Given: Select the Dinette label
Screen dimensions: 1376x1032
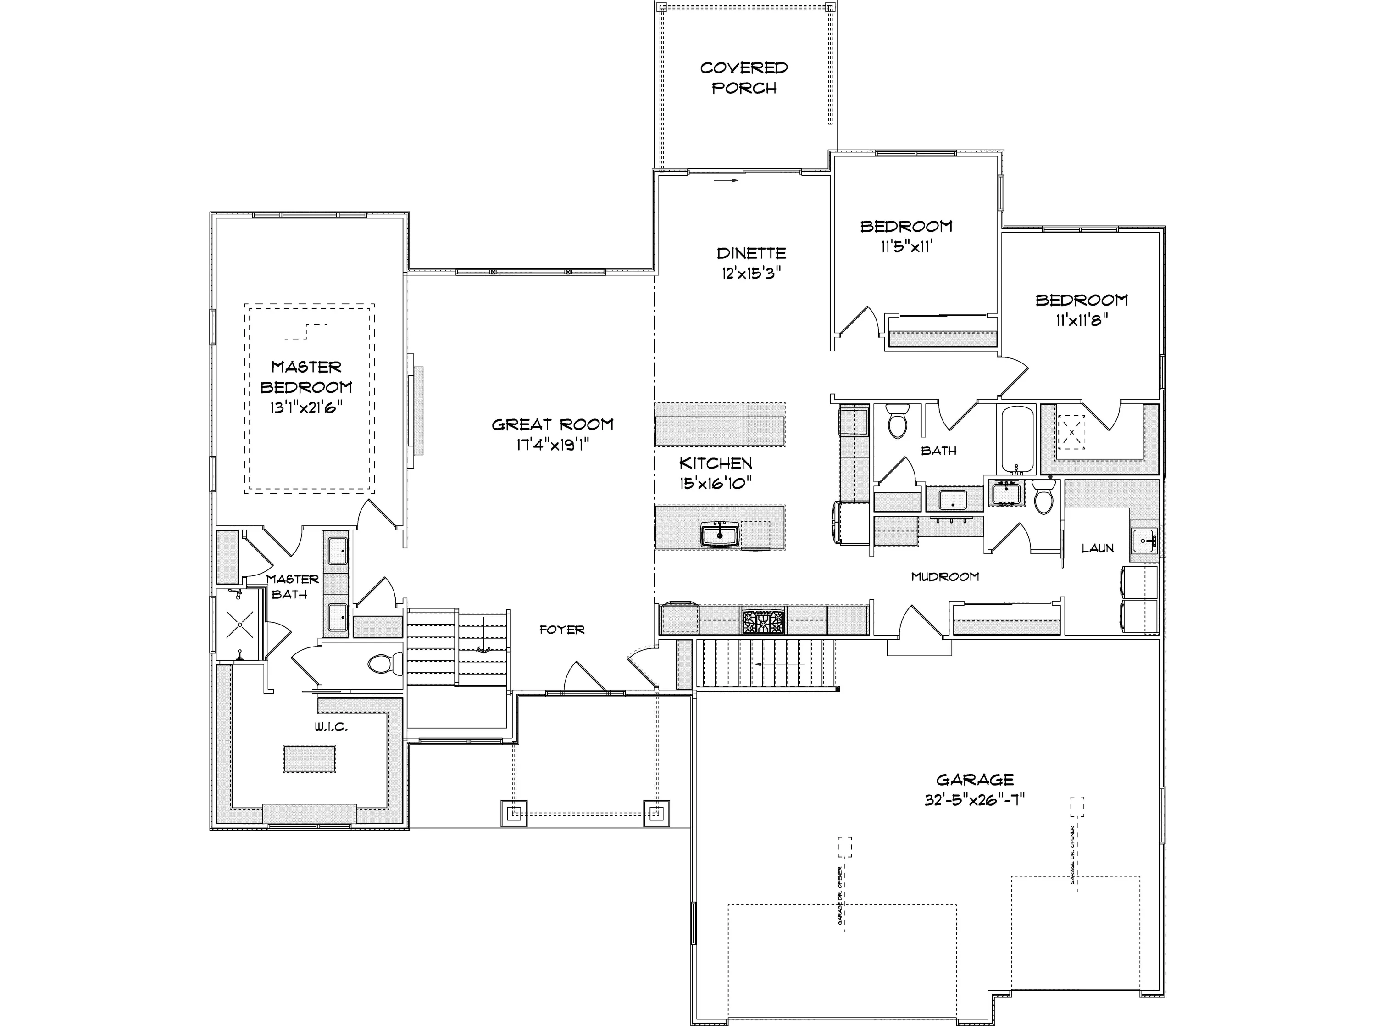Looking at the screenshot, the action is pyautogui.click(x=751, y=253).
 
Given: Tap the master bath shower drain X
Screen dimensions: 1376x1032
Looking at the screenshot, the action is pyautogui.click(x=239, y=624).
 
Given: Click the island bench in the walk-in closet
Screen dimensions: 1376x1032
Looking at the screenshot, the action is pyautogui.click(x=310, y=759).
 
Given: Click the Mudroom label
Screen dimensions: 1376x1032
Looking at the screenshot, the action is pyautogui.click(x=945, y=577).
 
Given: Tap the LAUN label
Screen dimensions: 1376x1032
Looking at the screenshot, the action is pyautogui.click(x=1097, y=548).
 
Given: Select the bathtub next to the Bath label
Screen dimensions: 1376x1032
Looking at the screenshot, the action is pyautogui.click(x=1017, y=440).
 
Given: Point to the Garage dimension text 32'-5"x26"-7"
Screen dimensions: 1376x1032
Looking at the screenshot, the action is pyautogui.click(x=975, y=800).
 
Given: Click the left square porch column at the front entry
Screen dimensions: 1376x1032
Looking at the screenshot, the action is pyautogui.click(x=514, y=813).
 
